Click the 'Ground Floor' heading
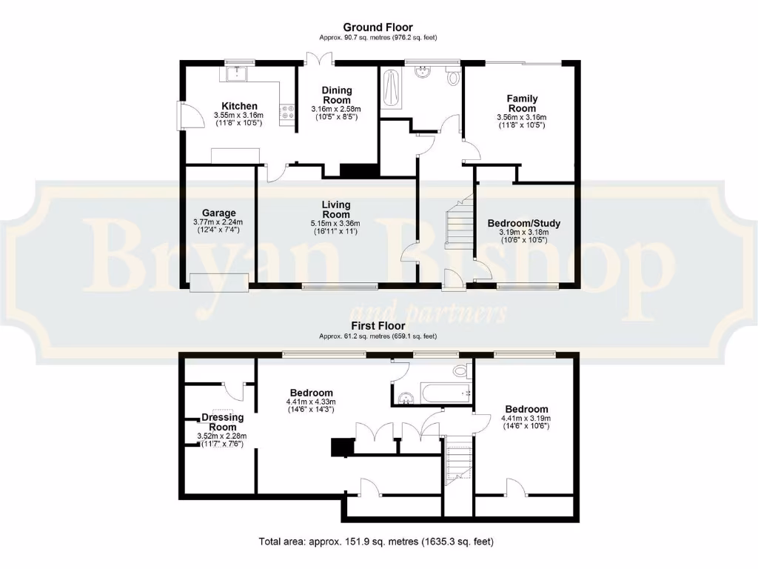378,27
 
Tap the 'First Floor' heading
378,325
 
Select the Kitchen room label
239,106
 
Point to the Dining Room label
337,95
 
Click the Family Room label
522,103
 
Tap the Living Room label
336,209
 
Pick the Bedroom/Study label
523,223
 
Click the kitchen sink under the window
238,73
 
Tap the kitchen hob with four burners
286,113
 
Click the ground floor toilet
453,76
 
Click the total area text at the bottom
376,541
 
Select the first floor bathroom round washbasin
405,399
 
